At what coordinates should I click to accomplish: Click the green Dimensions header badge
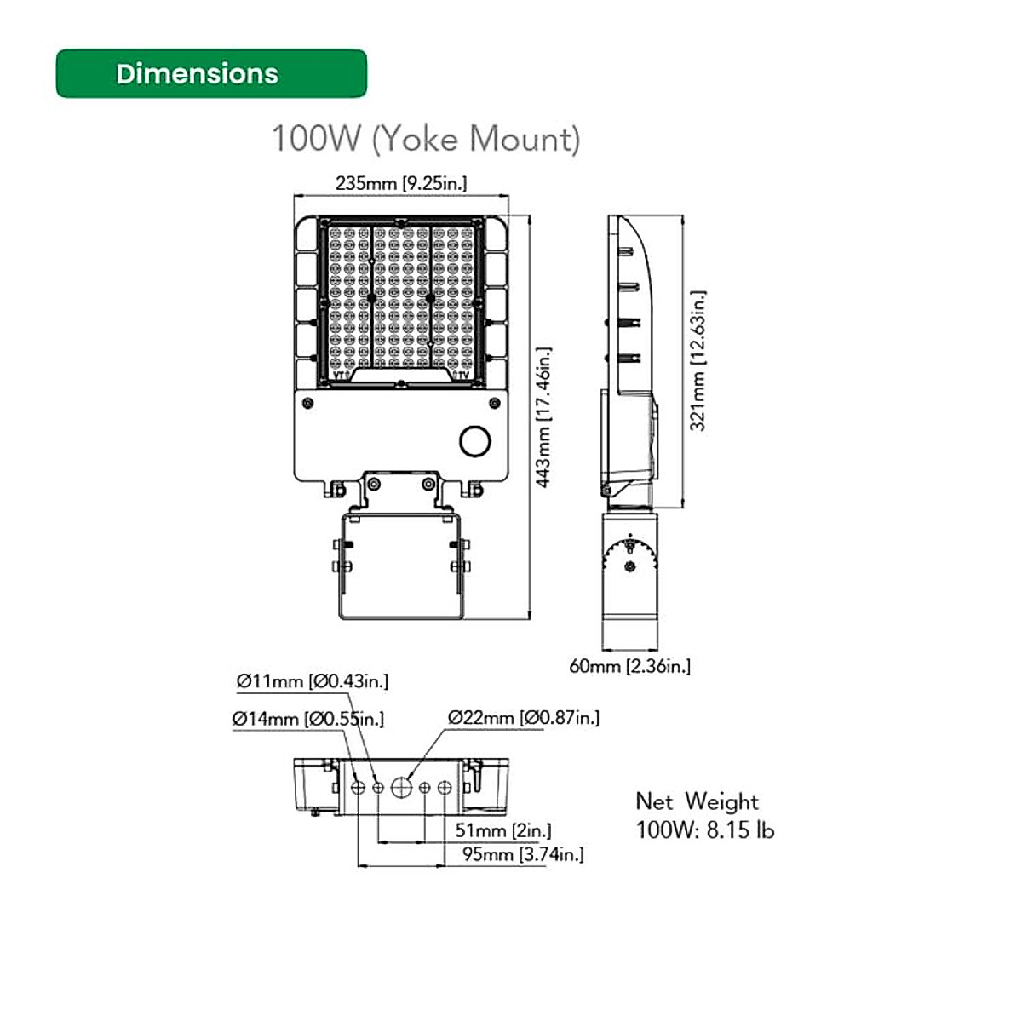point(211,74)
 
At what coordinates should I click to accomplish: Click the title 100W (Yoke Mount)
point(425,139)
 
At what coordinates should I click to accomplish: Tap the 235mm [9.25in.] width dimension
point(400,183)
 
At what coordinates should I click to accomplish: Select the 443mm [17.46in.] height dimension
point(543,417)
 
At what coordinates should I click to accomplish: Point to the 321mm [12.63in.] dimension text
point(698,361)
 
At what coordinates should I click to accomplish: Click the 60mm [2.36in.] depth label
point(629,666)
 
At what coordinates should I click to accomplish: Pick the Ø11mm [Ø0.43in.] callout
point(312,681)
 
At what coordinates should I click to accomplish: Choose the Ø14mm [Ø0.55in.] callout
point(307,719)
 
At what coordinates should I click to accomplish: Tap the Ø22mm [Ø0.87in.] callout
point(524,718)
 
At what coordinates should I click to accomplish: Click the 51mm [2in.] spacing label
point(502,830)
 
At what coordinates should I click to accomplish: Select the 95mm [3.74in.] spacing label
point(522,854)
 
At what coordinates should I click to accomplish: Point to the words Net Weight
point(697,801)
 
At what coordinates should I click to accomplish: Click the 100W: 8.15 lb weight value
point(705,830)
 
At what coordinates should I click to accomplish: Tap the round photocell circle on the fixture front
point(474,440)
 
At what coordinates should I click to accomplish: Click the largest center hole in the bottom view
point(400,788)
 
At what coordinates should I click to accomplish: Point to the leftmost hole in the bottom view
point(358,788)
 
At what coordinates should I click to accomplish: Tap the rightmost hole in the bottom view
point(444,788)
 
